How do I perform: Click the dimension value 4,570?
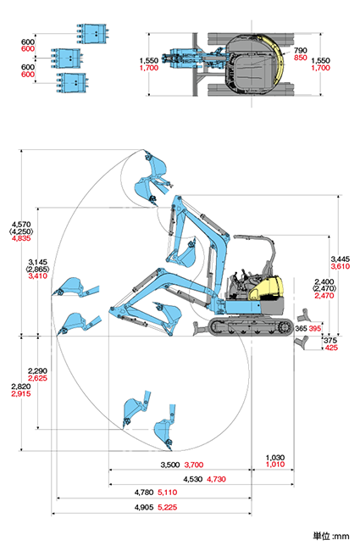(21, 224)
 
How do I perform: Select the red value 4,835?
(21, 238)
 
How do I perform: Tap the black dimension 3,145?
(38, 262)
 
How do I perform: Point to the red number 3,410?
(38, 276)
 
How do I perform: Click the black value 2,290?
(37, 370)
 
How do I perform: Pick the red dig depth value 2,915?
(21, 394)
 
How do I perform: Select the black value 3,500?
(170, 465)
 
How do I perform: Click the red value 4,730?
(216, 479)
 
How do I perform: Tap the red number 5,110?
(168, 493)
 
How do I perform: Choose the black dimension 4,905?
(144, 508)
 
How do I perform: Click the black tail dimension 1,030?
(275, 458)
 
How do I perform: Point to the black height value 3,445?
(341, 259)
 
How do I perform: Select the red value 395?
(315, 329)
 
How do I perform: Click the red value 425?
(331, 348)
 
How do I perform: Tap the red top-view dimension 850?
(301, 58)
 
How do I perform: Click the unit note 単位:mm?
(331, 537)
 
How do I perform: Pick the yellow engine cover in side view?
(267, 288)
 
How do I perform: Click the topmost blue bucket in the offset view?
(92, 34)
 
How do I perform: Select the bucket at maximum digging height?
(156, 167)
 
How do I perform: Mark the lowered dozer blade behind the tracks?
(302, 342)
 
